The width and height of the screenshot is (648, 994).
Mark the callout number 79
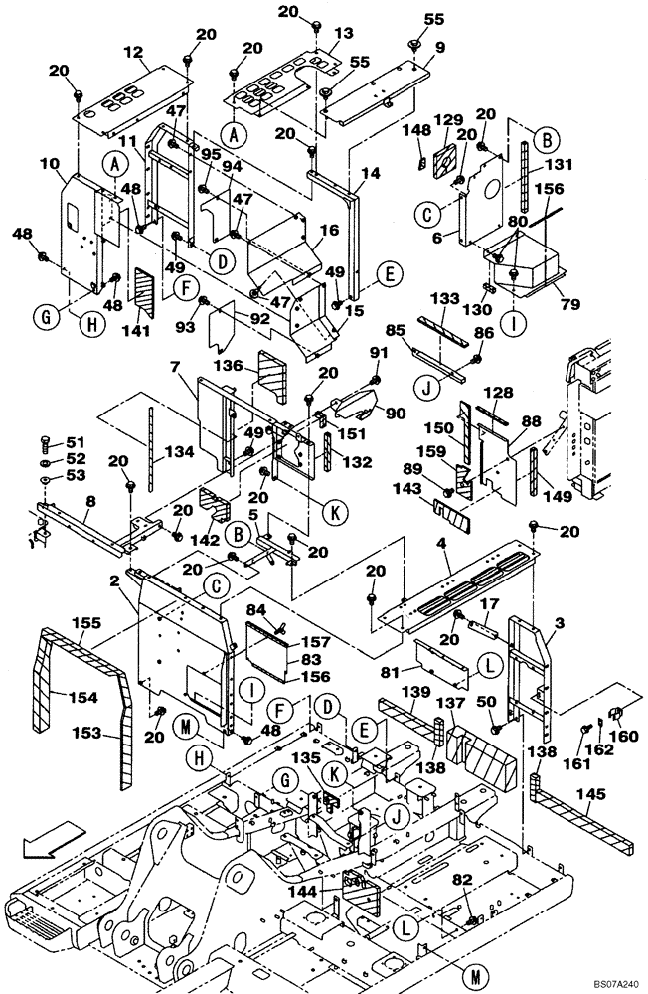coord(568,304)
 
